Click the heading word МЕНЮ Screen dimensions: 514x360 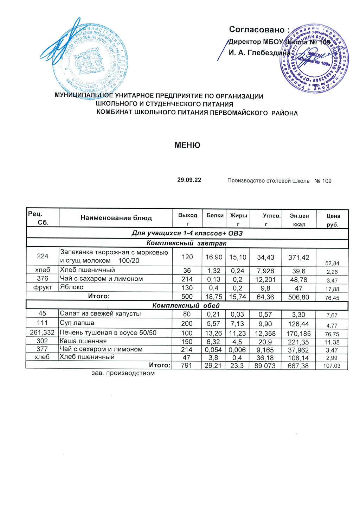pyautogui.click(x=187, y=145)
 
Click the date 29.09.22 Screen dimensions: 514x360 pyautogui.click(x=189, y=180)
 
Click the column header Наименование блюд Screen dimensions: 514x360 pyautogui.click(x=116, y=218)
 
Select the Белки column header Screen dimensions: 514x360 pyautogui.click(x=215, y=215)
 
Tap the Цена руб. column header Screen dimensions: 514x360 pyautogui.click(x=333, y=220)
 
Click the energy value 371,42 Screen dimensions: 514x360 pyautogui.click(x=299, y=257)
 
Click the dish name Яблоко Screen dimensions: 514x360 pyautogui.click(x=72, y=287)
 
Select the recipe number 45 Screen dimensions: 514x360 pyautogui.click(x=42, y=314)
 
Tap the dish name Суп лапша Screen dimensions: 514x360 pyautogui.click(x=77, y=323)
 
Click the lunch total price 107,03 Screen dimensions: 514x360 pyautogui.click(x=332, y=366)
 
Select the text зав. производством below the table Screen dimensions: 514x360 pyautogui.click(x=123, y=373)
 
